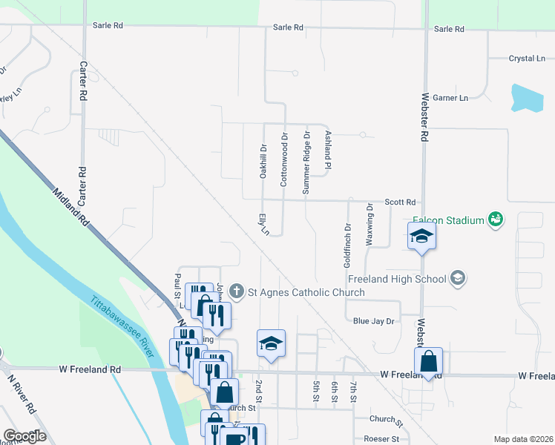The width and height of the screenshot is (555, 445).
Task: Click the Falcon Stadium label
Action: coord(447,220)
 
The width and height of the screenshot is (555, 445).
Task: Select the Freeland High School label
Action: coord(397,279)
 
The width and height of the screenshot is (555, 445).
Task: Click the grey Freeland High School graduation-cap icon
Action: coord(458,279)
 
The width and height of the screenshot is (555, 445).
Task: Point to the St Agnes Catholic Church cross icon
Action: coord(236,291)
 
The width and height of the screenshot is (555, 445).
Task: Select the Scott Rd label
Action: coord(399,202)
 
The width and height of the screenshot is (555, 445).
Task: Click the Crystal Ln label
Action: coord(526,58)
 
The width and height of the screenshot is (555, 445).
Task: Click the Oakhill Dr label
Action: coord(262,161)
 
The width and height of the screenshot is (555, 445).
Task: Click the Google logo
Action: coord(25,436)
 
